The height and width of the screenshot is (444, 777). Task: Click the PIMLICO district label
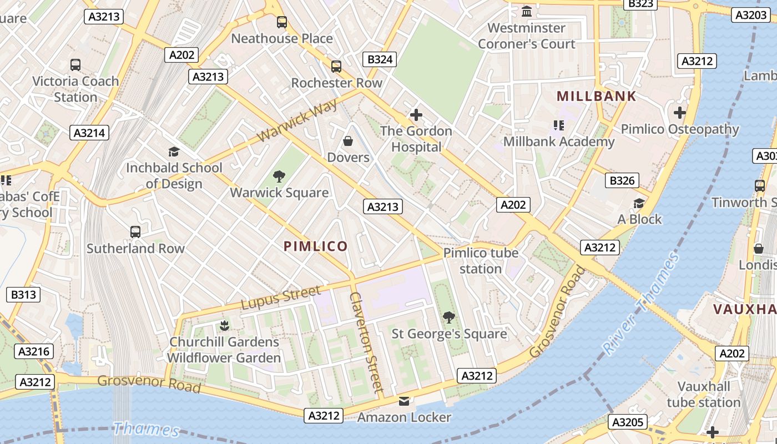[x=316, y=246]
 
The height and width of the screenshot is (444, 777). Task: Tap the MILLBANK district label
[x=596, y=96]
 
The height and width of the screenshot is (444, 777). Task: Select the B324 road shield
[x=380, y=59]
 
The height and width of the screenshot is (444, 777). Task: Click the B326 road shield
[x=622, y=180]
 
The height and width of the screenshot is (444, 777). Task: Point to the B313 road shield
[x=23, y=294]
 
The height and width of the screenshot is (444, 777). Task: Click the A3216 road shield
[x=35, y=351]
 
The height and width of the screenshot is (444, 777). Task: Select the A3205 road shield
[x=628, y=422]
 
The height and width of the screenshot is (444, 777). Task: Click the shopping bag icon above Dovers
[x=348, y=142]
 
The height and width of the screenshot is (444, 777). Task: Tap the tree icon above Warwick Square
[x=279, y=176]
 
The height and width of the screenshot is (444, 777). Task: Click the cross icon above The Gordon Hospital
[x=416, y=115]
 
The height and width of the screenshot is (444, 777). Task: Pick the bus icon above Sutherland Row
[x=135, y=231]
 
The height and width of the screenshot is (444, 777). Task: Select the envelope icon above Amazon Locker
[x=404, y=401]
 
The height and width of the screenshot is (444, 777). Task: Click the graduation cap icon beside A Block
[x=639, y=203]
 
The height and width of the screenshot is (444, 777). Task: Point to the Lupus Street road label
[x=281, y=298]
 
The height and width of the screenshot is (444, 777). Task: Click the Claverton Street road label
[x=366, y=342]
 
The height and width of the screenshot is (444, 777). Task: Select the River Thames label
[x=642, y=304]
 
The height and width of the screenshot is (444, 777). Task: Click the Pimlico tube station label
[x=481, y=261]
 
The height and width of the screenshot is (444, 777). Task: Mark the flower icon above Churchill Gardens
[x=224, y=325]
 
